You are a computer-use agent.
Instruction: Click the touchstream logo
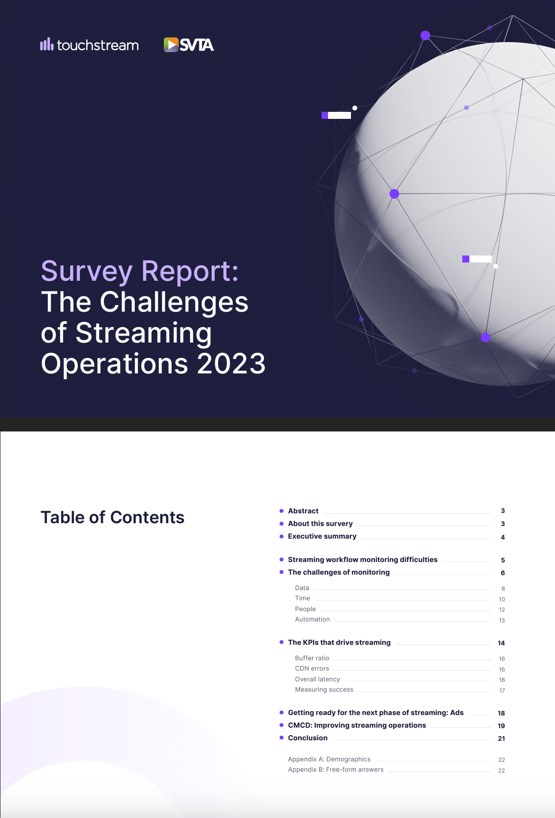pyautogui.click(x=89, y=45)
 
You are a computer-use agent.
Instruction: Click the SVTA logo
pyautogui.click(x=189, y=45)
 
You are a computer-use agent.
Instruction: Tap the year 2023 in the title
pyautogui.click(x=231, y=364)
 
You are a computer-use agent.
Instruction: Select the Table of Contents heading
pyautogui.click(x=112, y=518)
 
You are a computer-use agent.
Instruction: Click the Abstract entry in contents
pyautogui.click(x=303, y=511)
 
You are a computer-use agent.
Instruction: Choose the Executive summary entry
pyautogui.click(x=322, y=536)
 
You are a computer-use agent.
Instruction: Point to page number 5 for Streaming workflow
pyautogui.click(x=503, y=560)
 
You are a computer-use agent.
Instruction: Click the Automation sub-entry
pyautogui.click(x=312, y=619)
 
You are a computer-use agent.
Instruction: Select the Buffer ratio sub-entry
pyautogui.click(x=312, y=658)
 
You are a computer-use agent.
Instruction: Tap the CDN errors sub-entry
pyautogui.click(x=312, y=668)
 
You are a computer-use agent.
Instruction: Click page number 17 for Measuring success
pyautogui.click(x=502, y=690)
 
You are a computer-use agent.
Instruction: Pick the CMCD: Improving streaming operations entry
pyautogui.click(x=357, y=725)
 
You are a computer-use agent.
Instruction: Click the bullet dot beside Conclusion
pyautogui.click(x=281, y=738)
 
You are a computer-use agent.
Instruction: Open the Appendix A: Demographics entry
pyautogui.click(x=329, y=759)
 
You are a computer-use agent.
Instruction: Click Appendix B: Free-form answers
pyautogui.click(x=336, y=769)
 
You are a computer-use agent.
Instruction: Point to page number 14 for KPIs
pyautogui.click(x=501, y=643)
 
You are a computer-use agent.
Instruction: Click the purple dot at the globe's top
pyautogui.click(x=425, y=36)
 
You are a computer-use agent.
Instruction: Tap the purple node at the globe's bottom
pyautogui.click(x=486, y=337)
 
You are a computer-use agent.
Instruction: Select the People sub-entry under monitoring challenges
pyautogui.click(x=305, y=609)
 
